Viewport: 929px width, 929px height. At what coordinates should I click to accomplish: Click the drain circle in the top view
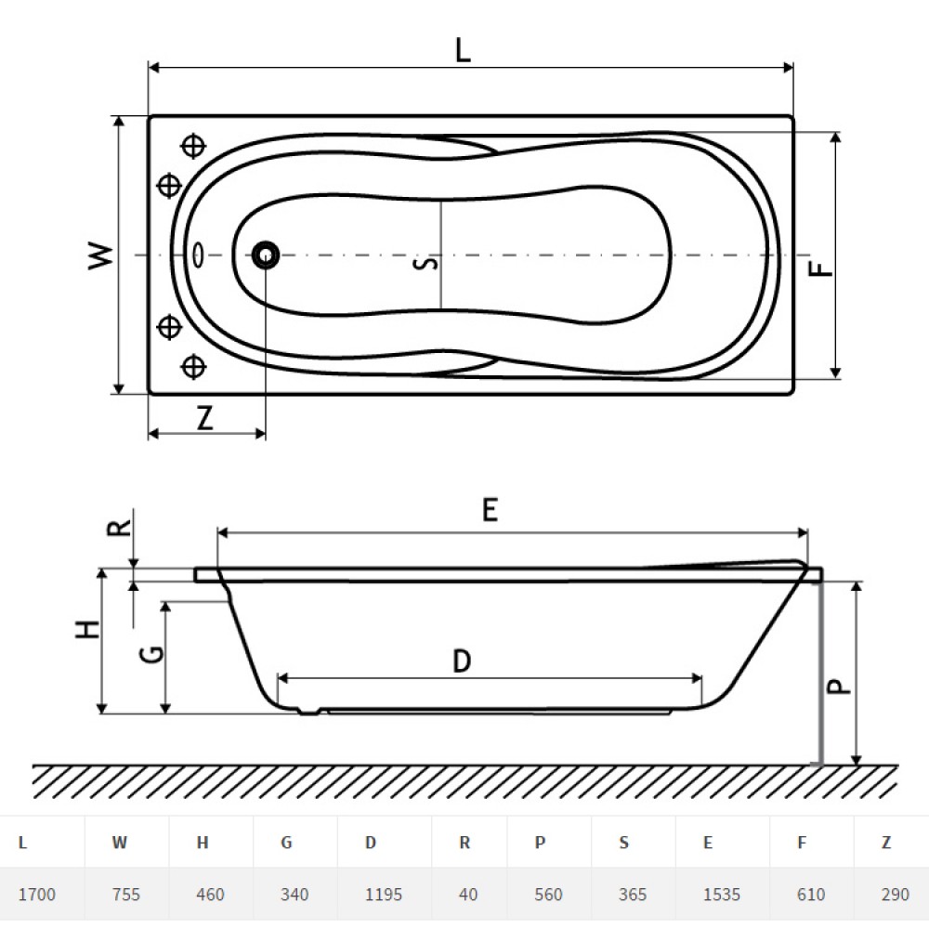[x=266, y=255]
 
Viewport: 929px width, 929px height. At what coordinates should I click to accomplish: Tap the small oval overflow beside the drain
[x=198, y=255]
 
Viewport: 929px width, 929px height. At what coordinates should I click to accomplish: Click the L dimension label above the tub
[x=463, y=50]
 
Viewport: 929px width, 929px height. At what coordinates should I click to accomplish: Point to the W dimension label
[x=100, y=256]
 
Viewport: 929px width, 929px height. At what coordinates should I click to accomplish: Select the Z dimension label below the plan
[x=205, y=418]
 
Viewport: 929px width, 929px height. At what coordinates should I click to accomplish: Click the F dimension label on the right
[x=821, y=268]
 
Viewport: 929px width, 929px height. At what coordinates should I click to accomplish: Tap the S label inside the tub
[x=426, y=263]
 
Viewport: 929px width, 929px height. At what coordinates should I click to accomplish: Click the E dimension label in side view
[x=490, y=509]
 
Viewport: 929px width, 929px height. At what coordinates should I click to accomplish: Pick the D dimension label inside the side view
[x=462, y=661]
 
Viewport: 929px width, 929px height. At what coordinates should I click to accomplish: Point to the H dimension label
[x=87, y=629]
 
